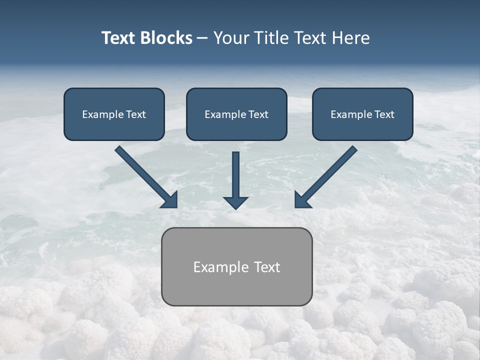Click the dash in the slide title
pos(202,38)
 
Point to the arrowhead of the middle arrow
pos(235,202)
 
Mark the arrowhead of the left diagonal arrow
pos(170,200)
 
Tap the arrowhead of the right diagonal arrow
pos(302,200)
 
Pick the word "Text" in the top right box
pos(384,114)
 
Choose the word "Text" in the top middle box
pos(258,114)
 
